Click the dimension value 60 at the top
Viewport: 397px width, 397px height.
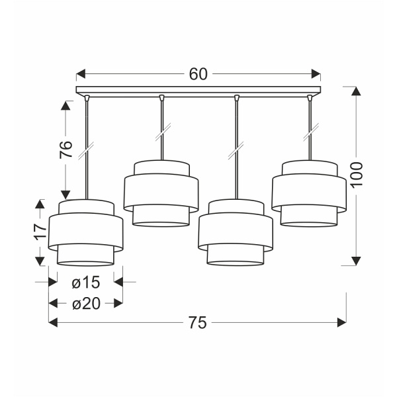[x=198, y=74]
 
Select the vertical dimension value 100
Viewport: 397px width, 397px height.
[x=357, y=175]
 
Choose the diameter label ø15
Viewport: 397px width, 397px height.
[x=85, y=283]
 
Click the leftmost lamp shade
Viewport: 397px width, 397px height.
[x=85, y=231]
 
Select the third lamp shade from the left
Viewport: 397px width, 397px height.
[x=236, y=231]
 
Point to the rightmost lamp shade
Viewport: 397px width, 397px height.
[x=309, y=193]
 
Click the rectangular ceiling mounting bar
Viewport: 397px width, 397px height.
[x=198, y=90]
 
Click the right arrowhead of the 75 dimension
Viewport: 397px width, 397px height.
[x=342, y=323]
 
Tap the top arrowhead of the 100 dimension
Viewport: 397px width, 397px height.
[x=357, y=91]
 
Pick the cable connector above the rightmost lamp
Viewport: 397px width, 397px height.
[x=309, y=99]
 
